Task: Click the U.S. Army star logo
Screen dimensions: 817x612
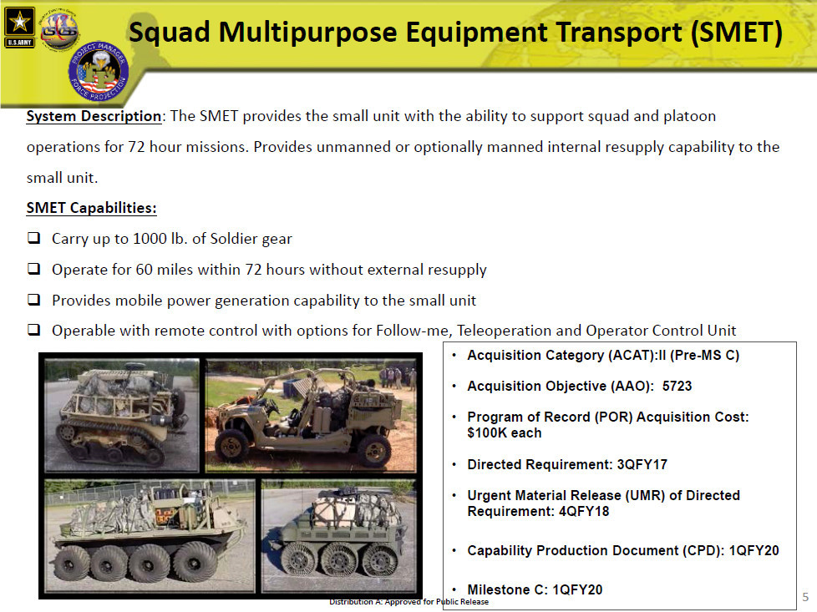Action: click(x=19, y=27)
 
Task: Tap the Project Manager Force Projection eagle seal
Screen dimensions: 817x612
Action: click(x=98, y=71)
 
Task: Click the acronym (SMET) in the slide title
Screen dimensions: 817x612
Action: click(x=736, y=33)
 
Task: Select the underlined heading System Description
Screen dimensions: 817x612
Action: click(x=94, y=116)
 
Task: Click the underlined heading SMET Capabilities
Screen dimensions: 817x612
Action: click(x=91, y=208)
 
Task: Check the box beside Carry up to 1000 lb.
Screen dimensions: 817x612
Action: click(x=34, y=238)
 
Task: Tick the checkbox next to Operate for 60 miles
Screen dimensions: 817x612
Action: click(x=34, y=269)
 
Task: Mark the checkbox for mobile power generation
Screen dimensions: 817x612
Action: click(x=34, y=300)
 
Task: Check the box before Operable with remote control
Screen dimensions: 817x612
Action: click(x=34, y=330)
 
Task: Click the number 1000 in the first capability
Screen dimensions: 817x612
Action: click(x=150, y=239)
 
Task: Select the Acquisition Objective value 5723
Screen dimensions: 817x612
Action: click(x=677, y=386)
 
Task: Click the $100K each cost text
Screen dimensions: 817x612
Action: click(x=504, y=432)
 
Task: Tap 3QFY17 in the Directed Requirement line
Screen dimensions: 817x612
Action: click(x=642, y=464)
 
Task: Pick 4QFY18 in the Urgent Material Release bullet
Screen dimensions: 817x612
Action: click(x=584, y=512)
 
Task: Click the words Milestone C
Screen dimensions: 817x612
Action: click(x=507, y=589)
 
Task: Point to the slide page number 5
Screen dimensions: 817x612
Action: click(x=805, y=597)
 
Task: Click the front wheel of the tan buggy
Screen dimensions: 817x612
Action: click(x=232, y=445)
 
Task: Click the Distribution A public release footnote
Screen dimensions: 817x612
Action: click(x=409, y=602)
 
